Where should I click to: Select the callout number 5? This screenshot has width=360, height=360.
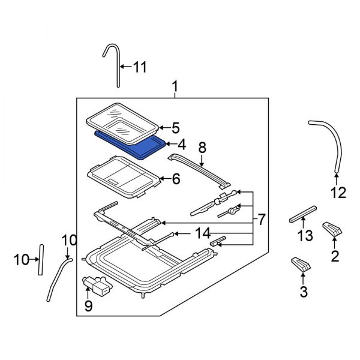click(176, 128)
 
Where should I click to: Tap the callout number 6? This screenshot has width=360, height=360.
click(176, 179)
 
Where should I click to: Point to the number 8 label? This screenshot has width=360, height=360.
click(202, 148)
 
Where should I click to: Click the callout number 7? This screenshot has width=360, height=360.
click(261, 220)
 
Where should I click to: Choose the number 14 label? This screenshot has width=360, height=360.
click(203, 233)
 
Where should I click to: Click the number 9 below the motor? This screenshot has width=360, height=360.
click(88, 305)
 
